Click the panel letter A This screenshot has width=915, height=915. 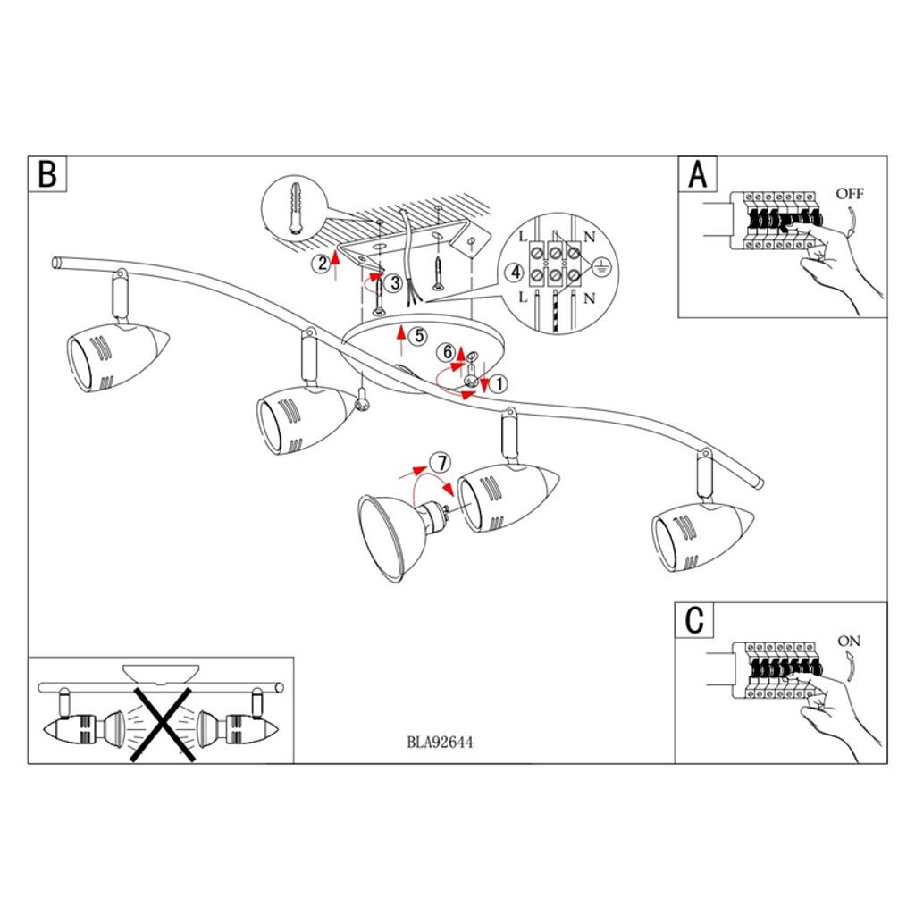tap(697, 174)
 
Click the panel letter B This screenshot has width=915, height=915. tap(47, 174)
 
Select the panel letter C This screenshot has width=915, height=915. tap(695, 619)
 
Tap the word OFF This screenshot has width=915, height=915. tap(850, 193)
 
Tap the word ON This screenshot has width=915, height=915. tap(849, 641)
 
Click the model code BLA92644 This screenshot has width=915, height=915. tap(440, 741)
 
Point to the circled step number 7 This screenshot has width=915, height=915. tap(438, 463)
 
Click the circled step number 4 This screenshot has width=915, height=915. tap(513, 273)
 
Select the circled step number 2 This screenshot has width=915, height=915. tap(321, 263)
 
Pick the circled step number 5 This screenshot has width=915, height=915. tap(416, 336)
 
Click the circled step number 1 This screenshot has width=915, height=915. tap(499, 383)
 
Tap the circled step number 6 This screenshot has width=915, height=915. tap(447, 353)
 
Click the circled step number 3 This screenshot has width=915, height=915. tap(394, 282)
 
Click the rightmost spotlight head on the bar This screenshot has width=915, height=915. tap(702, 534)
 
